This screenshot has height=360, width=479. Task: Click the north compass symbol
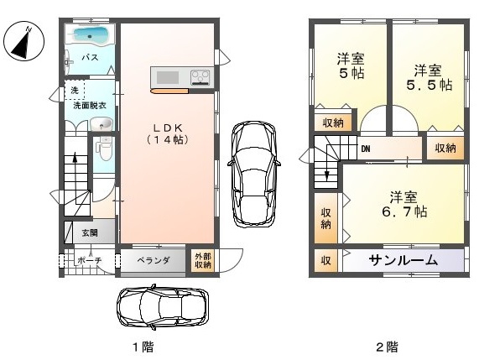(x=23, y=40)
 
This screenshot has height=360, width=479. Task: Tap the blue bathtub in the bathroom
(x=90, y=35)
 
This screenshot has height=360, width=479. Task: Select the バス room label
(x=91, y=57)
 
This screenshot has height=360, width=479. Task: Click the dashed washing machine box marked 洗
(x=75, y=90)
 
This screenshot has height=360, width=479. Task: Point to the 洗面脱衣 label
(x=90, y=106)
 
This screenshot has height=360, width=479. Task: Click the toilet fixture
(x=105, y=149)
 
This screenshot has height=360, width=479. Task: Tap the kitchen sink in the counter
(x=168, y=77)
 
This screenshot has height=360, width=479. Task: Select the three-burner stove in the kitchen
(x=200, y=77)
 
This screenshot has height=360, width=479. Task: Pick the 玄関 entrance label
(x=90, y=233)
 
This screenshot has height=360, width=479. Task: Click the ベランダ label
(x=153, y=261)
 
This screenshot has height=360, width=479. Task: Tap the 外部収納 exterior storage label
(x=203, y=261)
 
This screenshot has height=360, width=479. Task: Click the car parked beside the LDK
(x=254, y=174)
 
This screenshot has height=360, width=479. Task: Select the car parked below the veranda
(x=163, y=307)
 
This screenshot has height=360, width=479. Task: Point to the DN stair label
(x=366, y=149)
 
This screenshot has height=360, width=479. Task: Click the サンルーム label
(x=404, y=260)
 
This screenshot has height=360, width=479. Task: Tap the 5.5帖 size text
(x=430, y=85)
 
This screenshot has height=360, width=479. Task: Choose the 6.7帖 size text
(x=404, y=211)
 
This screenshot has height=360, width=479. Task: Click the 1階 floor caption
(x=143, y=347)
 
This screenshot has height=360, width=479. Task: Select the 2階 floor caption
(x=387, y=347)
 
